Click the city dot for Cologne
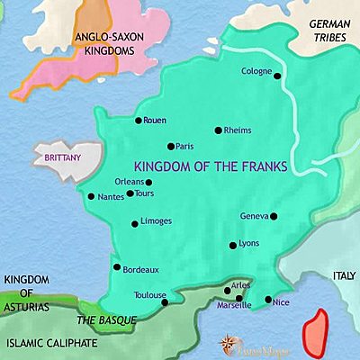[x=278, y=76]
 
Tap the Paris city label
[x=186, y=146]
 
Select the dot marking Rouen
[x=137, y=120]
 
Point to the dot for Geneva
[x=274, y=216]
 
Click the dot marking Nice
[x=268, y=300]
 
